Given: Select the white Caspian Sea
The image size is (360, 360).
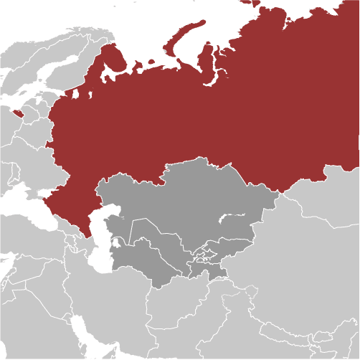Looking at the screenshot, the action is click(103, 240).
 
